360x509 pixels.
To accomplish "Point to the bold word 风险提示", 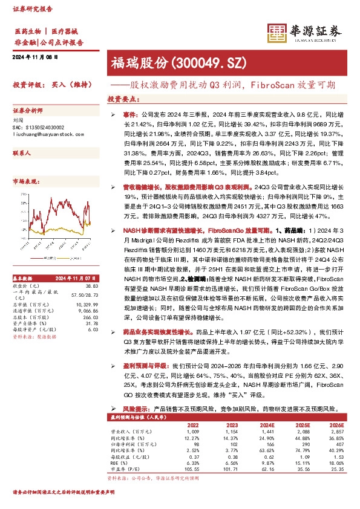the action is point(128,409).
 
